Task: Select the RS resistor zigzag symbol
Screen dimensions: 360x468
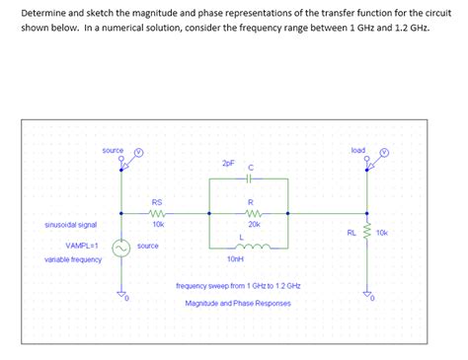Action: click(x=157, y=212)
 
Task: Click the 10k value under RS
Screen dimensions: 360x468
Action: click(x=158, y=225)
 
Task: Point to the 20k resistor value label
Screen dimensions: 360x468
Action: click(x=254, y=225)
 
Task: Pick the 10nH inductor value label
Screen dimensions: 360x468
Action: click(x=235, y=258)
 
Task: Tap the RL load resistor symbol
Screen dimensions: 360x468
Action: click(x=368, y=232)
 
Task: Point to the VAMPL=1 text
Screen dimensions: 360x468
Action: click(x=82, y=245)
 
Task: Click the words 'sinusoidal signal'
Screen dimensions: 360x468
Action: click(x=71, y=224)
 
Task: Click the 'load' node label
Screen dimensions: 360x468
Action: click(x=357, y=150)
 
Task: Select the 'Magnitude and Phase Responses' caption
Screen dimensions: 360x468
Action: click(x=238, y=303)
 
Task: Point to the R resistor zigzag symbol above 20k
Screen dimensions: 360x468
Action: click(x=253, y=212)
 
